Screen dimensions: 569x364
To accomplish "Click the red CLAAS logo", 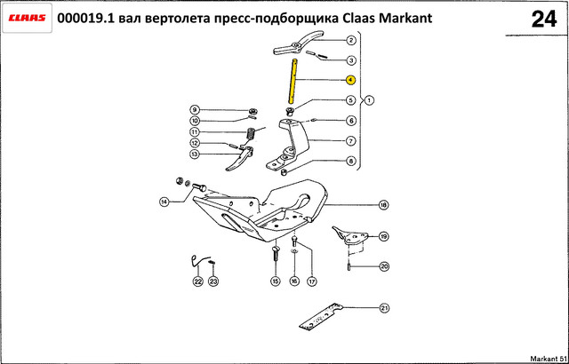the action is [x=27, y=18].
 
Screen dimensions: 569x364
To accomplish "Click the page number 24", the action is [x=543, y=20].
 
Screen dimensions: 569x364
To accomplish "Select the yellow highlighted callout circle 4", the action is [x=350, y=80].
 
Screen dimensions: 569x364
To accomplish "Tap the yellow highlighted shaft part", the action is [x=293, y=81].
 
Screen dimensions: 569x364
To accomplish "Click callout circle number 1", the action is [x=369, y=99].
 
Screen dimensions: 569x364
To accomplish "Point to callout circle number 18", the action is [x=383, y=205].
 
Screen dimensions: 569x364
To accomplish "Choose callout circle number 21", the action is [x=384, y=308].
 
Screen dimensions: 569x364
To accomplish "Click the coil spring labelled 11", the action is [x=250, y=134].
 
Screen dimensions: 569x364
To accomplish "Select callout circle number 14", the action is [x=164, y=202].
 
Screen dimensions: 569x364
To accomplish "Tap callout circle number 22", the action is [x=198, y=281].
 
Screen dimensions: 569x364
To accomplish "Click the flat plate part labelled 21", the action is [x=321, y=317].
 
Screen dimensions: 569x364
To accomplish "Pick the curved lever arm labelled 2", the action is [x=299, y=44].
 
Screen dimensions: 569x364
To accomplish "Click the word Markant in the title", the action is [x=405, y=18].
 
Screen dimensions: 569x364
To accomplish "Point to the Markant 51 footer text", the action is [x=549, y=358].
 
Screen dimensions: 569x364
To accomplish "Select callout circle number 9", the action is [x=194, y=109].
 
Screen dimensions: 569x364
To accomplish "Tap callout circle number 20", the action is [x=384, y=267].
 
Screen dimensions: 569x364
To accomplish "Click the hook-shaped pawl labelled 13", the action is [x=239, y=158].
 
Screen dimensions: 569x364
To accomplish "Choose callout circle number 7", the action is [x=350, y=141].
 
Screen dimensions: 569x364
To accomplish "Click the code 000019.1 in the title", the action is [x=86, y=18].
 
